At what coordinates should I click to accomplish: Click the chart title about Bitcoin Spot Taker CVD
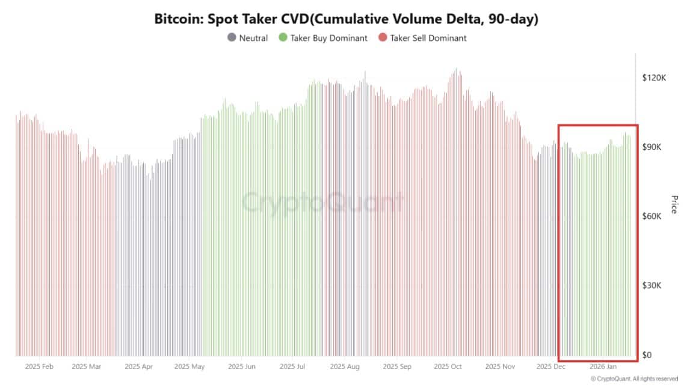pos(346,19)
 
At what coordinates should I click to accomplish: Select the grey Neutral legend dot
pos(232,38)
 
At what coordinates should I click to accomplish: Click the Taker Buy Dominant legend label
pos(328,38)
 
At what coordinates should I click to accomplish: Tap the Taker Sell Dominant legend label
pos(428,38)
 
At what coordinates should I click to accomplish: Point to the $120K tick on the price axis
pos(654,78)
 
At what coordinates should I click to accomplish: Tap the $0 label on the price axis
pos(647,355)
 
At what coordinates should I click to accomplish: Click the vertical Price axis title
pos(674,204)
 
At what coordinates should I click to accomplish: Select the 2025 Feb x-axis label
pos(40,366)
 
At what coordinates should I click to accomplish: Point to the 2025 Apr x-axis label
pos(138,366)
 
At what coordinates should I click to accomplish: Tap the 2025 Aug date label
pos(346,366)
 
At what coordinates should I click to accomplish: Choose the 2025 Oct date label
pos(448,366)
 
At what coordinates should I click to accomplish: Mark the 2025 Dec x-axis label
pos(551,366)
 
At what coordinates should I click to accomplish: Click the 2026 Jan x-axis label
pos(603,366)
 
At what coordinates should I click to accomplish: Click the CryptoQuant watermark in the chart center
pos(323,203)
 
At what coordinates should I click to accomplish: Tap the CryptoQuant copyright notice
pos(634,379)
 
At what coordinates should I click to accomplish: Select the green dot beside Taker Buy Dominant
pos(283,38)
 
